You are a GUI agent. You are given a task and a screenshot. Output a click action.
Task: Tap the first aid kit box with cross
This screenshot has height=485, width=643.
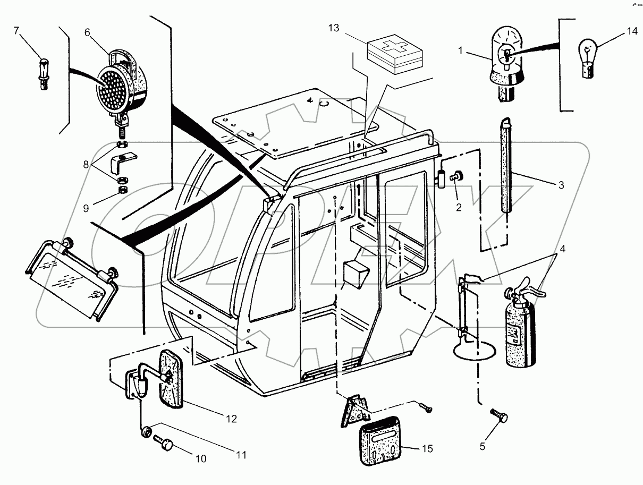[394, 53]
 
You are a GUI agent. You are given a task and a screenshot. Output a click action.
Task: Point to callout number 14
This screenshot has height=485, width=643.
[631, 31]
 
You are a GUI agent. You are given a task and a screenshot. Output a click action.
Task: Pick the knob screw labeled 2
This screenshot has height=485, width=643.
[457, 177]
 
